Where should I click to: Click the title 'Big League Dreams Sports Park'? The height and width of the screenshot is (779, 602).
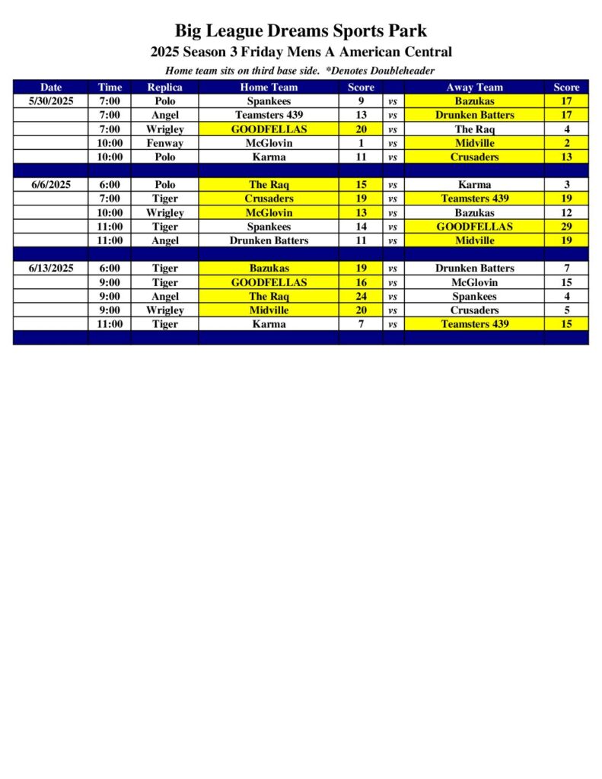pos(301,31)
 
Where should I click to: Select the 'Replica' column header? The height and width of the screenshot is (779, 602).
pos(164,87)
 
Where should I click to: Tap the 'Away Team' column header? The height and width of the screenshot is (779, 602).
pos(474,87)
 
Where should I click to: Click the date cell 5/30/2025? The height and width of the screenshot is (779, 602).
pos(51,101)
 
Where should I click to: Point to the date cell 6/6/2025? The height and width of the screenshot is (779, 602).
pos(51,185)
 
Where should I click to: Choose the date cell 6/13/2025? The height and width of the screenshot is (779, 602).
pos(51,269)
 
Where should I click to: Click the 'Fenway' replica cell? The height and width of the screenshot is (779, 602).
pos(164,143)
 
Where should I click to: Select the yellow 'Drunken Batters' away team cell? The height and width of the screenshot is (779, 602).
pos(474,115)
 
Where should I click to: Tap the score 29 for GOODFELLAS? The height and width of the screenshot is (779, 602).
pos(566,227)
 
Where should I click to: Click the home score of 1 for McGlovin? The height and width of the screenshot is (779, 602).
pos(361,143)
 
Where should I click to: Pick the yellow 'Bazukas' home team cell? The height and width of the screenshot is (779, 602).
pos(269,269)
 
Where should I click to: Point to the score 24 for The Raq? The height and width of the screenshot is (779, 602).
pos(361,297)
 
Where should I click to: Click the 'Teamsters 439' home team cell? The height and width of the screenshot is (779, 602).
pos(269,115)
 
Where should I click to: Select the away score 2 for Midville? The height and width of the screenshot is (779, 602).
pos(566,143)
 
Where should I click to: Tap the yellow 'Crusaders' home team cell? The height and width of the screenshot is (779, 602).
pos(269,199)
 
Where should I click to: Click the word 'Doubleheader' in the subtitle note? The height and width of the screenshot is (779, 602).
pos(399,71)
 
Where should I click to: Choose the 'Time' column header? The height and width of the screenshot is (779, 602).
pos(110,87)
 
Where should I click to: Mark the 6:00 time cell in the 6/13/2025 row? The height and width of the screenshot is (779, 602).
pos(110,269)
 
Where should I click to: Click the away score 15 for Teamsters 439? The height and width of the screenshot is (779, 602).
pos(566,324)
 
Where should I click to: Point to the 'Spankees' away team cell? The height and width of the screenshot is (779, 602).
pos(474,297)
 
